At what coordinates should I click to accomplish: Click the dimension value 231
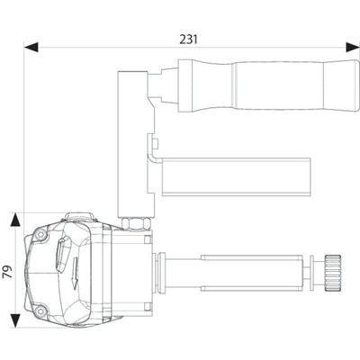click(189, 40)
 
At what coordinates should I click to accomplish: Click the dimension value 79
click(8, 272)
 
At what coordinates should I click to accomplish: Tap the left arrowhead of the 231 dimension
click(31, 48)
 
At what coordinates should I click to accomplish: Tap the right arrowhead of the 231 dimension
click(353, 48)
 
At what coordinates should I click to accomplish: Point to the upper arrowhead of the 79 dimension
click(15, 220)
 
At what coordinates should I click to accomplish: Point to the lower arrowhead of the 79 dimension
click(15, 320)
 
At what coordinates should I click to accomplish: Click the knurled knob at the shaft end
click(332, 273)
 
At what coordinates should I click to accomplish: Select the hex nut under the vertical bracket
click(136, 223)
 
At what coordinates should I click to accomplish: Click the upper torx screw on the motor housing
click(40, 236)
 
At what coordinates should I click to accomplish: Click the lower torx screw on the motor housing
click(40, 311)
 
